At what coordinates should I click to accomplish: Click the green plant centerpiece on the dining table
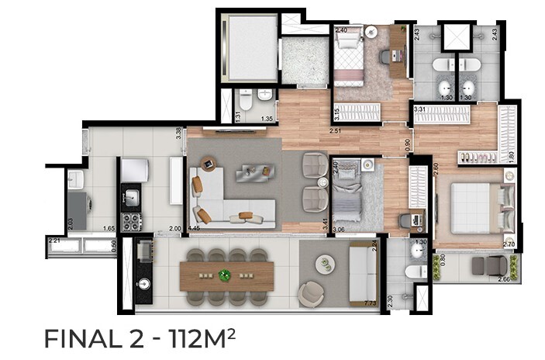pyautogui.click(x=225, y=275)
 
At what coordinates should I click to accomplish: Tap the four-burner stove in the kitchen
pyautogui.click(x=131, y=222)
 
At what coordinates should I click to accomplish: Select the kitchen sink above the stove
pyautogui.click(x=132, y=198)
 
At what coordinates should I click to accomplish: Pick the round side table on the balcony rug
pyautogui.click(x=324, y=263)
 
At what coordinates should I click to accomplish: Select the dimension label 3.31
pyautogui.click(x=422, y=110)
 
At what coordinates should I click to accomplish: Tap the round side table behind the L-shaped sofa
pyautogui.click(x=208, y=164)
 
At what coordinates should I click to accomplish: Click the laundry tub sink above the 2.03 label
pyautogui.click(x=77, y=180)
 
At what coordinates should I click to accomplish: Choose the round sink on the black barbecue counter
pyautogui.click(x=143, y=285)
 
